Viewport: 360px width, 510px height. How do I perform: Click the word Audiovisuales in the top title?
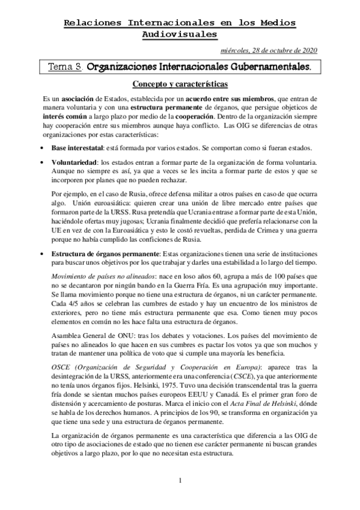pos(180,34)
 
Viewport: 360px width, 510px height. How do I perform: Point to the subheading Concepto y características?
pos(180,85)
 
